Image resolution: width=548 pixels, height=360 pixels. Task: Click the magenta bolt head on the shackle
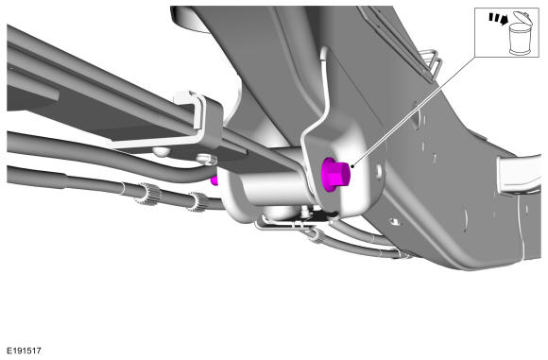click(334, 175)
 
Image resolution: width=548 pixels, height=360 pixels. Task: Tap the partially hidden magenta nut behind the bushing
click(214, 180)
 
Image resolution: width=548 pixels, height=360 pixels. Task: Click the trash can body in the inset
click(519, 40)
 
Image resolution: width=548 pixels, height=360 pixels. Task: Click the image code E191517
click(25, 351)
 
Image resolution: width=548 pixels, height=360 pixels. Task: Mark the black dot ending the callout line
click(352, 166)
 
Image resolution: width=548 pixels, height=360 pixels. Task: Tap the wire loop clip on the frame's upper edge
click(432, 63)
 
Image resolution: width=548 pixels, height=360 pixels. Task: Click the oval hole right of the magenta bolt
click(379, 171)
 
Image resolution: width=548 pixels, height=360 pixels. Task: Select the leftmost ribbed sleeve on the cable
click(148, 194)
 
